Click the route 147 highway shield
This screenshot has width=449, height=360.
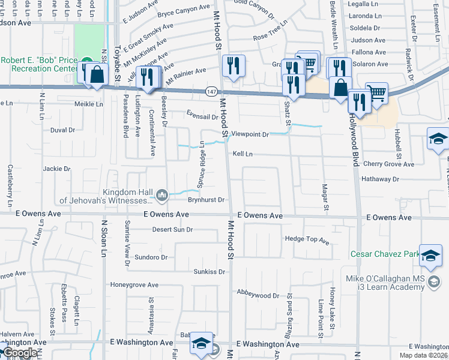pos(211,91)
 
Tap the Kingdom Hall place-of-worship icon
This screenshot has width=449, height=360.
pos(161,195)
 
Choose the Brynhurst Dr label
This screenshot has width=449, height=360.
pos(206,200)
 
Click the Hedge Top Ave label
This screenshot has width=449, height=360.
pos(307,240)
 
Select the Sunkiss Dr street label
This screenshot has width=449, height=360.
pos(209,272)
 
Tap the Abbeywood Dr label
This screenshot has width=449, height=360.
pos(259,295)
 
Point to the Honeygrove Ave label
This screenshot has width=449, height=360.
pos(133,284)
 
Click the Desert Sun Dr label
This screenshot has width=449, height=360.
pos(172,229)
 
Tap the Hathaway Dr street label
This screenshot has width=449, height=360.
pos(380,179)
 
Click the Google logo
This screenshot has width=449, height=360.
pos(20,353)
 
